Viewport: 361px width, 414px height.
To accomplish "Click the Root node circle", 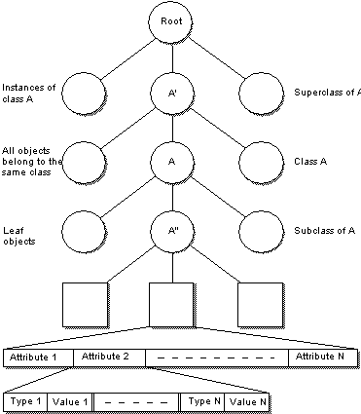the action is (170, 21).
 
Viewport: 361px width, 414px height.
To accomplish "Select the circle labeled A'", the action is (172, 94).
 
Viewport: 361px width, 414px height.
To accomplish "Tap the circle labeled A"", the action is (172, 231).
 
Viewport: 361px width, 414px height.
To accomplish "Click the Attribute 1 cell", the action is (38, 358).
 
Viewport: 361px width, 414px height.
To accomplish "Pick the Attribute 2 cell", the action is (109, 358).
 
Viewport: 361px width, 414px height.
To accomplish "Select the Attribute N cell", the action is (323, 358).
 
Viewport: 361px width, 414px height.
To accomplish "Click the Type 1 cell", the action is (25, 402).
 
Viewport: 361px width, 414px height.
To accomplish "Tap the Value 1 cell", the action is (70, 402).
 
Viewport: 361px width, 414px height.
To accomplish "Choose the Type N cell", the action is (202, 402).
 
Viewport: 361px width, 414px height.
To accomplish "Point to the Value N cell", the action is (247, 402).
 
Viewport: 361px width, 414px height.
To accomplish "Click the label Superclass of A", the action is (327, 93).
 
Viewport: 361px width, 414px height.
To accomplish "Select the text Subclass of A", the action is (324, 231).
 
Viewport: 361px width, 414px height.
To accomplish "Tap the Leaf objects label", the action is (18, 236).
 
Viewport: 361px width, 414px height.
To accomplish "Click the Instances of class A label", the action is (28, 94).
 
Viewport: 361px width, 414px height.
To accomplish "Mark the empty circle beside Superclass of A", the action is (261, 94).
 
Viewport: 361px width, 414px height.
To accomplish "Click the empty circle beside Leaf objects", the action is (84, 232).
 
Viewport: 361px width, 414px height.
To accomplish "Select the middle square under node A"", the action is (171, 305).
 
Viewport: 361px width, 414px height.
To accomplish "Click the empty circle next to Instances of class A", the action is (84, 94).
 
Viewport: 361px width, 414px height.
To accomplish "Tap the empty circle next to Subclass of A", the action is (261, 232).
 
